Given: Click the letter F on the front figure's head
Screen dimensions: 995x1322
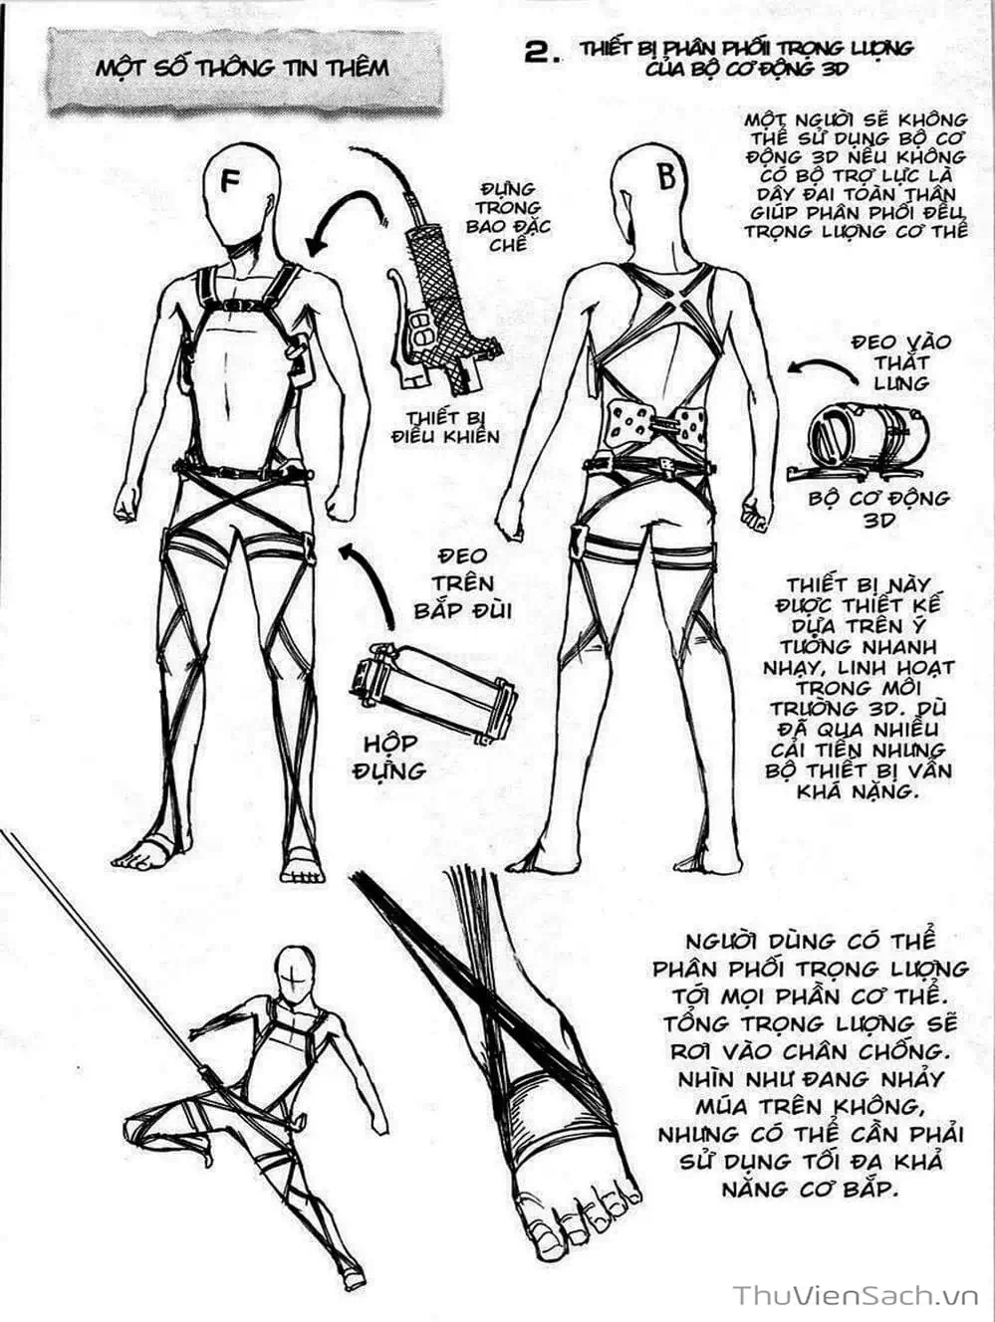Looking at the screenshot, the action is (x=230, y=180).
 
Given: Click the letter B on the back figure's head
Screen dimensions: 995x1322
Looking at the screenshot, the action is (x=666, y=176).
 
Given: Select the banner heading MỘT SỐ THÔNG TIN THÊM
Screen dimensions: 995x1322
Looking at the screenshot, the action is (x=243, y=68).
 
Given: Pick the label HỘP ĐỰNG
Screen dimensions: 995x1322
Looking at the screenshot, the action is (x=390, y=757).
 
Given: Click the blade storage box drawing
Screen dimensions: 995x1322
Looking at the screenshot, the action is (x=433, y=693).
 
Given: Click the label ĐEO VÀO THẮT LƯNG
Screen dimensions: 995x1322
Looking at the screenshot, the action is (x=901, y=362).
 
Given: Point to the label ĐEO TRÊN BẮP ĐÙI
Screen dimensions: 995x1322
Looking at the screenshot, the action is (x=461, y=583).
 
